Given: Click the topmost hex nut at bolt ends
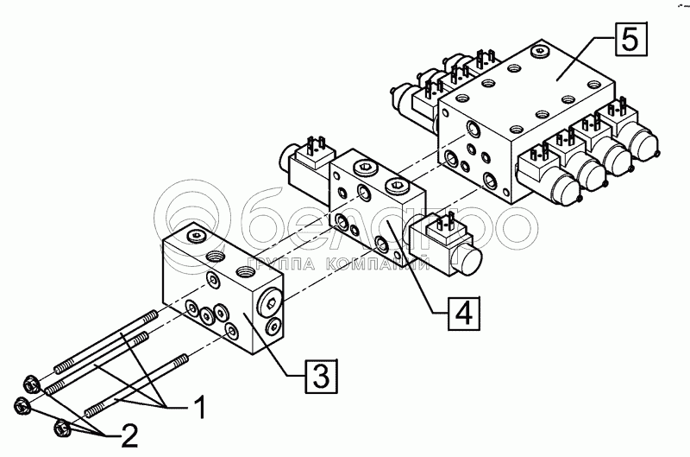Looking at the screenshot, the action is tap(27, 381).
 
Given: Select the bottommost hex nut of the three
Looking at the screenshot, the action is tap(61, 427).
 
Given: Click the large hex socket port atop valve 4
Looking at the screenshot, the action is tap(398, 184).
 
